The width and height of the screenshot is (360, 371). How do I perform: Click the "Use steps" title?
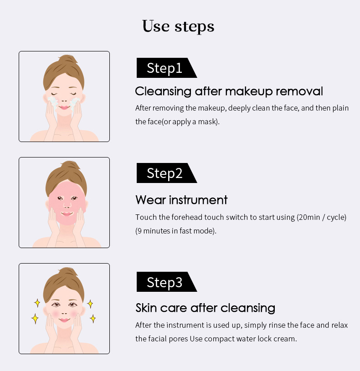click(178, 26)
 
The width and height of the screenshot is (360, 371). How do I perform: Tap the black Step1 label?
click(165, 68)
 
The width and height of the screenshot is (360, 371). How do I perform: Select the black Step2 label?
click(165, 173)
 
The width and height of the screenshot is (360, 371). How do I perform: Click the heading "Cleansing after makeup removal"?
click(229, 91)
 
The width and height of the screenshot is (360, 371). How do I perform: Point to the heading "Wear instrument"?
click(181, 200)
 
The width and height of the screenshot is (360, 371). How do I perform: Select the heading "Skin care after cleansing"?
click(205, 308)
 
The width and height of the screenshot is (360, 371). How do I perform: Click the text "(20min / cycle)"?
click(322, 217)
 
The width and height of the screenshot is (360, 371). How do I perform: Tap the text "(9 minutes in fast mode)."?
click(176, 231)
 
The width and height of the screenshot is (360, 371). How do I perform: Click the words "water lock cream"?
click(268, 339)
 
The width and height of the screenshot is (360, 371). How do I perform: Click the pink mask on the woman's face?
click(66, 203)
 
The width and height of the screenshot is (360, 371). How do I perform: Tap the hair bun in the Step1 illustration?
click(67, 61)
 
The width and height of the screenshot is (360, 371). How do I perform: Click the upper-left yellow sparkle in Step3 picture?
click(37, 303)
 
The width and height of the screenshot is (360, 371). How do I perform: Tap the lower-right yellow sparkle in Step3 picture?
click(93, 318)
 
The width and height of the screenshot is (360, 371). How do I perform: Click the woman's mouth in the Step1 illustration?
click(64, 107)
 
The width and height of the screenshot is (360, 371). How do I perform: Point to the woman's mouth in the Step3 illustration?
click(64, 320)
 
